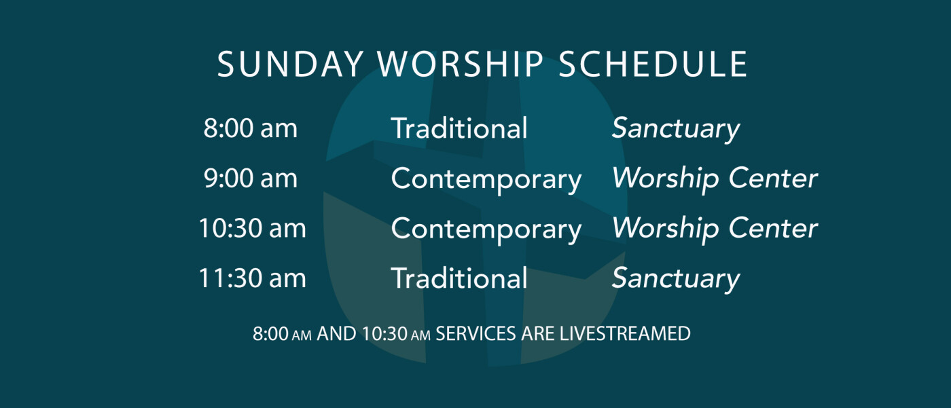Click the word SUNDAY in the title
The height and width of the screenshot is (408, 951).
click(x=291, y=64)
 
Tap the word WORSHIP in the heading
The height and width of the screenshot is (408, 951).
click(x=461, y=64)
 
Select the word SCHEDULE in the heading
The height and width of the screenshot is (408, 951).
click(x=653, y=64)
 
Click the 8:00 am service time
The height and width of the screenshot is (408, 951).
click(x=251, y=128)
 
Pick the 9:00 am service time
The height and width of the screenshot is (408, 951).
click(x=251, y=178)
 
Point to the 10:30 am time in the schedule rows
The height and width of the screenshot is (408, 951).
click(x=253, y=228)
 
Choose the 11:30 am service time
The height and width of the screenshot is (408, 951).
click(x=253, y=278)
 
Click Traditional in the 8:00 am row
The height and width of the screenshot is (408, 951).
click(x=459, y=128)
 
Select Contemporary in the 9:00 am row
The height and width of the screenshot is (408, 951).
click(x=486, y=180)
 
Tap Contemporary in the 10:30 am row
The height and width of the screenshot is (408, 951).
click(x=486, y=230)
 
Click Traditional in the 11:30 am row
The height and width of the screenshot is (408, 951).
click(x=459, y=278)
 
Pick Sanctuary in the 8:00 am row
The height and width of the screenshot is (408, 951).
click(x=676, y=130)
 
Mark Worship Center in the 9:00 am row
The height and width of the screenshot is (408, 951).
click(x=715, y=180)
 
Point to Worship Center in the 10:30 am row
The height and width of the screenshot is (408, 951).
click(x=715, y=230)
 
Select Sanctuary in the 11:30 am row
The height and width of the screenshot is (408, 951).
click(x=676, y=280)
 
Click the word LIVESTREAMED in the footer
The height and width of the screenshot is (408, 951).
click(x=625, y=334)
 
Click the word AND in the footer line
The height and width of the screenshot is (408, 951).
click(x=337, y=334)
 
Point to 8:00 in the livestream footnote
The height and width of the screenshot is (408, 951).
click(x=270, y=334)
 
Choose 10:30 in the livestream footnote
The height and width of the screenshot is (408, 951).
click(x=384, y=334)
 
